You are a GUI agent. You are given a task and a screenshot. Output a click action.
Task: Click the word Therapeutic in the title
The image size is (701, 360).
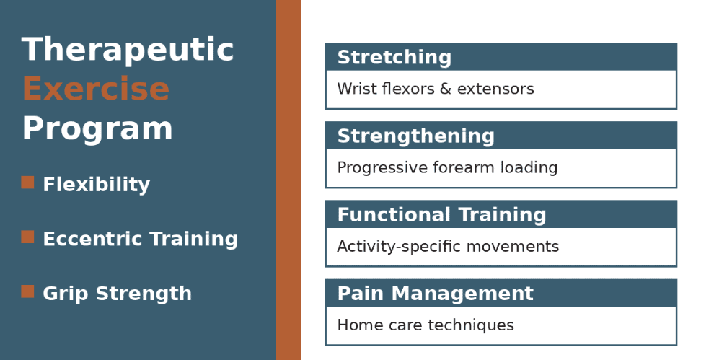[x=128, y=51]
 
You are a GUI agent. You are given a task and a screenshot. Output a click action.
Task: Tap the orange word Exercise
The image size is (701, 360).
[x=95, y=89]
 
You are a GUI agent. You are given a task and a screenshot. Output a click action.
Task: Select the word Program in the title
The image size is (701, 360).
[x=97, y=128]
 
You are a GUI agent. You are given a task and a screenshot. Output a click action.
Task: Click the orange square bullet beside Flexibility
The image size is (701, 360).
[x=27, y=183]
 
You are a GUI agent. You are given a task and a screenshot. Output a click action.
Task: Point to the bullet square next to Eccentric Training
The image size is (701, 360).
[x=27, y=237]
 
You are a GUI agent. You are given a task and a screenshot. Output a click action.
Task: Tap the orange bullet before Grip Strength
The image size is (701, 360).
[x=27, y=291]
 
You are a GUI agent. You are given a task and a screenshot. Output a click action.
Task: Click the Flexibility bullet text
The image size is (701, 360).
[x=96, y=185]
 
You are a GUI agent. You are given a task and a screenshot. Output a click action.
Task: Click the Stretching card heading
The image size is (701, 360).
[x=394, y=58]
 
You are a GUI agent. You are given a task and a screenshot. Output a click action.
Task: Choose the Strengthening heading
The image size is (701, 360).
[x=415, y=136]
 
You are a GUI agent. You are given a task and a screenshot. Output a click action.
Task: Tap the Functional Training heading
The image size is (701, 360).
[x=441, y=215]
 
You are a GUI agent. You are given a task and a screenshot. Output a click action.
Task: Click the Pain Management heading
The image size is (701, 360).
[x=435, y=294]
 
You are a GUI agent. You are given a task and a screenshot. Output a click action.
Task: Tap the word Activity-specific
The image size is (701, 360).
[x=398, y=247]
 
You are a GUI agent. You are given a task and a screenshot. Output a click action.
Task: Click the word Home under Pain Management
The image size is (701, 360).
[x=356, y=325]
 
